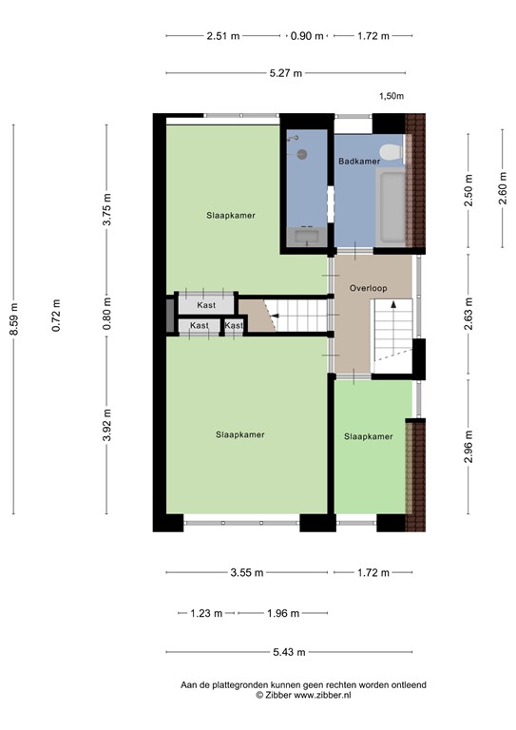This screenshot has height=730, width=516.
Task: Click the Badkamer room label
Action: click(x=359, y=162)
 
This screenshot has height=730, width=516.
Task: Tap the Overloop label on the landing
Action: click(x=368, y=286)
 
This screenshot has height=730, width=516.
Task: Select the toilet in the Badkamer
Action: click(x=388, y=153)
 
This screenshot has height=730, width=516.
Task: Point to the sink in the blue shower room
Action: click(x=305, y=236)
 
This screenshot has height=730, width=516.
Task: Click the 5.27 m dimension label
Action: click(x=285, y=73)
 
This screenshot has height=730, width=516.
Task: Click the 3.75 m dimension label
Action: click(x=106, y=210)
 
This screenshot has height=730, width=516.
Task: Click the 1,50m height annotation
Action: click(x=392, y=96)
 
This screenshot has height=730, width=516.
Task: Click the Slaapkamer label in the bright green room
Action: click(x=368, y=437)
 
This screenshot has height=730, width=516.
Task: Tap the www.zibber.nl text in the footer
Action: click(x=322, y=696)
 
